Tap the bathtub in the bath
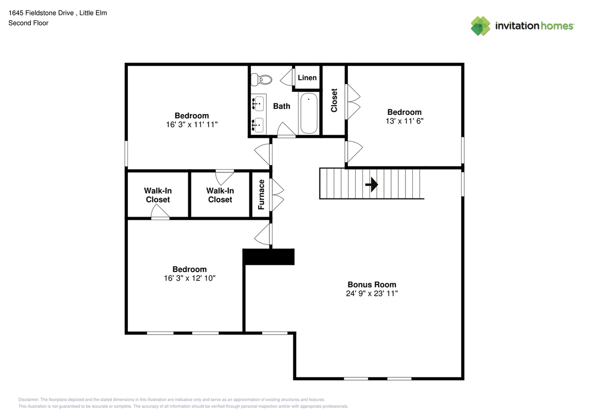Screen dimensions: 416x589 click(x=309, y=113)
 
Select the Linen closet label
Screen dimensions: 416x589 click(x=307, y=78)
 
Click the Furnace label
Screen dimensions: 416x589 click(x=261, y=194)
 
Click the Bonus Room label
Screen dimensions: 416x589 click(x=372, y=285)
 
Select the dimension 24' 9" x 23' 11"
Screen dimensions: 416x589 click(x=372, y=294)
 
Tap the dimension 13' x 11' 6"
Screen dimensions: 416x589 click(x=404, y=121)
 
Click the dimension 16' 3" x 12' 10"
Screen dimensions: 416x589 click(x=190, y=279)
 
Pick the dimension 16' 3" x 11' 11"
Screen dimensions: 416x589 click(x=191, y=125)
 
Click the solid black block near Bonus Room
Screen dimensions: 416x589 click(x=269, y=256)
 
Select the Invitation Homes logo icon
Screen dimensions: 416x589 click(x=480, y=26)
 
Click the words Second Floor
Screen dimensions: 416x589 click(x=28, y=23)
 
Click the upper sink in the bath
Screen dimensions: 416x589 click(x=259, y=104)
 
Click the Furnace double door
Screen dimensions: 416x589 click(x=277, y=194)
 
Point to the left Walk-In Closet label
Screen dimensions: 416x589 click(x=157, y=195)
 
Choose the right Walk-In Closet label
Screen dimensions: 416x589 click(x=220, y=195)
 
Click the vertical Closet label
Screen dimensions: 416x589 click(x=334, y=100)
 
